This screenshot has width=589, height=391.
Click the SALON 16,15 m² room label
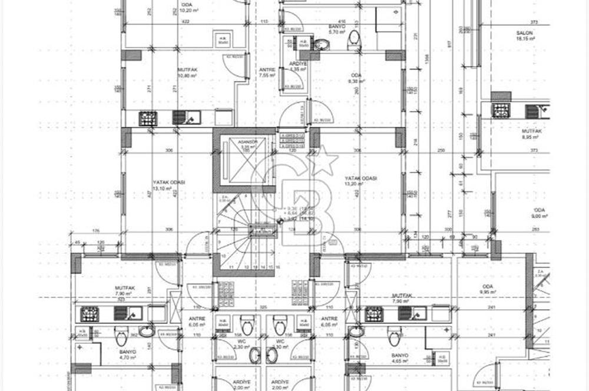coord(525,36)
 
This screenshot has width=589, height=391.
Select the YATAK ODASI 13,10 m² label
coord(169,185)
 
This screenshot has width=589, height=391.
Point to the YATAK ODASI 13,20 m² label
coord(360,181)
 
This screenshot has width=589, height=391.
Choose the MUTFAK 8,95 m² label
coord(531,134)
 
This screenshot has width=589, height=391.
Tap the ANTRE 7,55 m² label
coord(267,72)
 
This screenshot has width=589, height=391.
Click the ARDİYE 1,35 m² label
coord(297,67)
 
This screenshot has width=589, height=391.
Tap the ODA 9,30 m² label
coord(355,78)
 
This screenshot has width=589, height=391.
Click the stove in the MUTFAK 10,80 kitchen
coord(148,118)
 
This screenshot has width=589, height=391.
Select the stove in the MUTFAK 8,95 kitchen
coord(501,111)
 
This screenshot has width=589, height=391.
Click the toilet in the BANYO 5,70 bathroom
coord(353,38)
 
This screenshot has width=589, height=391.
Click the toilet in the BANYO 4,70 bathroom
coord(121,337)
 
